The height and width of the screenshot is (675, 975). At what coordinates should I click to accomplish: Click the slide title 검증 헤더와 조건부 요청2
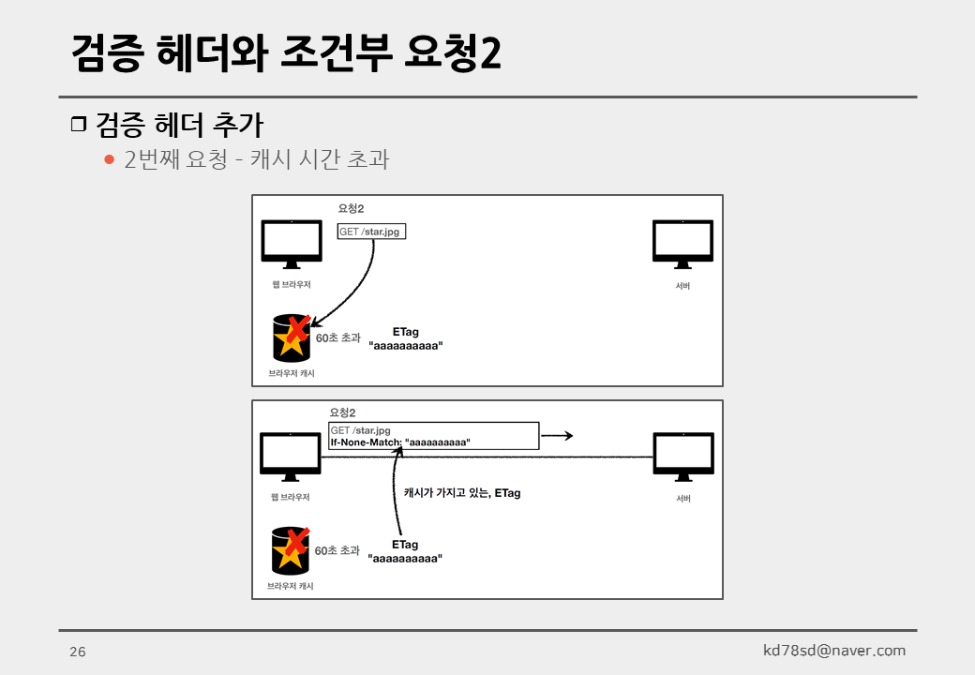pyautogui.click(x=286, y=53)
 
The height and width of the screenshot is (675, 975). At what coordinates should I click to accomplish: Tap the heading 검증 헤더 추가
pyautogui.click(x=178, y=125)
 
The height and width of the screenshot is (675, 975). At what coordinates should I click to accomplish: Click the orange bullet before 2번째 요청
pyautogui.click(x=109, y=159)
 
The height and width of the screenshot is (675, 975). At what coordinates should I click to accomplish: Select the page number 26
pyautogui.click(x=77, y=652)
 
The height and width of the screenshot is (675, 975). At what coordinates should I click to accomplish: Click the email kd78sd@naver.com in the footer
pyautogui.click(x=834, y=650)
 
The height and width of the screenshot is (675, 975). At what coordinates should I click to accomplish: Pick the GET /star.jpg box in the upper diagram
pyautogui.click(x=371, y=232)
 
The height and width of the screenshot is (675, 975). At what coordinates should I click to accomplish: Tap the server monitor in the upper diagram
pyautogui.click(x=682, y=243)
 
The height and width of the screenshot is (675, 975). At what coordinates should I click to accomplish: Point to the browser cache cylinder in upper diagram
pyautogui.click(x=292, y=338)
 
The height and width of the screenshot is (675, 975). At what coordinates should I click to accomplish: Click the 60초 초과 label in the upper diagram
pyautogui.click(x=337, y=337)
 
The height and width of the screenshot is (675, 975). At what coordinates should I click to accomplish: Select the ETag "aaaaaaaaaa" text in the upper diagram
pyautogui.click(x=406, y=338)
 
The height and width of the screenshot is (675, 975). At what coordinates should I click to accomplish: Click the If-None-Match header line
pyautogui.click(x=400, y=442)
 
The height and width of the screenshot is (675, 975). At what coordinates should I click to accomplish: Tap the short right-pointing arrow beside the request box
pyautogui.click(x=557, y=436)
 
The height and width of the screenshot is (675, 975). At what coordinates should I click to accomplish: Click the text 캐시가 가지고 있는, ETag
pyautogui.click(x=461, y=492)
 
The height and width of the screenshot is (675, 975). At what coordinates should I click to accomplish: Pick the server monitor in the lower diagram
pyautogui.click(x=682, y=456)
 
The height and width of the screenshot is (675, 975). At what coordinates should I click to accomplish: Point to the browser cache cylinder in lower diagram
pyautogui.click(x=292, y=550)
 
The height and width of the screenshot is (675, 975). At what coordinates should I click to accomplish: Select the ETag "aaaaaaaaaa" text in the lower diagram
pyautogui.click(x=405, y=551)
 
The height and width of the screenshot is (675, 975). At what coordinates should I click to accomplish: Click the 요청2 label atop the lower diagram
pyautogui.click(x=342, y=412)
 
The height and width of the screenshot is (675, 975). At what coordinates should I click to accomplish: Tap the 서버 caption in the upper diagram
pyautogui.click(x=682, y=286)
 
